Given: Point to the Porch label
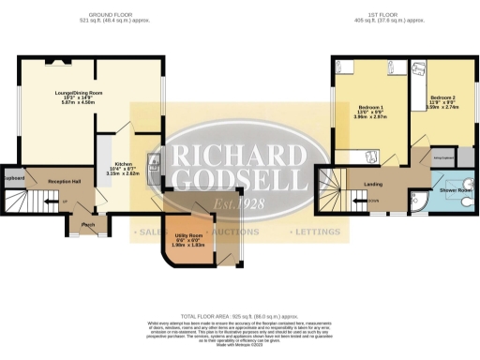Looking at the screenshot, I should click(x=88, y=225).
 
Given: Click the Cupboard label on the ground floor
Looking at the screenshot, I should click(x=12, y=177).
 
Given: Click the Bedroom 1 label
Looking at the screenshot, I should click(x=367, y=110).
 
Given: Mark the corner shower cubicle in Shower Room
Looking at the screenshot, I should click(x=419, y=205).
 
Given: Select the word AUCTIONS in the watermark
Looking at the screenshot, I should click(x=239, y=231).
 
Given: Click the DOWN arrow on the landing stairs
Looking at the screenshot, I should click(x=372, y=201).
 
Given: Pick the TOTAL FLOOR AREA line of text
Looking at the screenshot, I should click(x=240, y=319).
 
